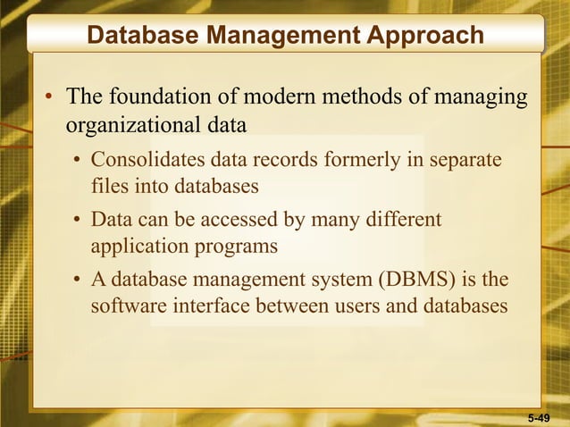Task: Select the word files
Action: point(108,188)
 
